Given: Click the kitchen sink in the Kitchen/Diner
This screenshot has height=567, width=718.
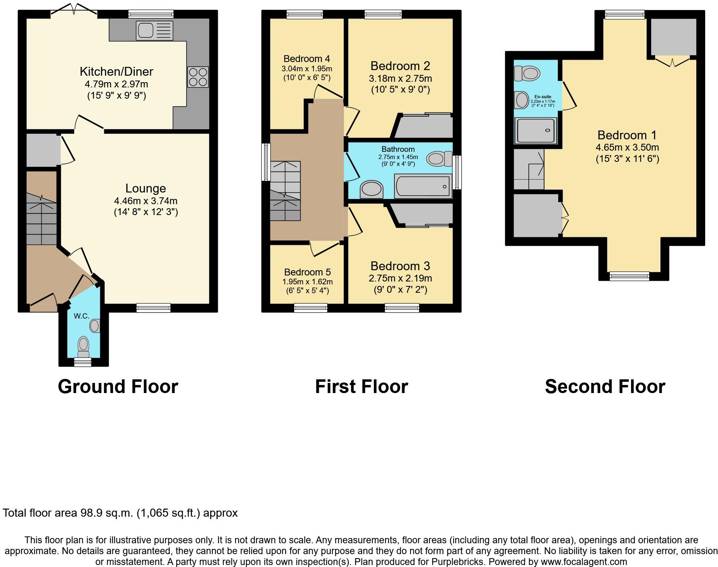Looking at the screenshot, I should (155, 31).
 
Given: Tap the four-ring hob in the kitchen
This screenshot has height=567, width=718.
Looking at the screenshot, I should (198, 77).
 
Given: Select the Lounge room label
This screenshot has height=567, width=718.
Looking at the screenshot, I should (146, 188).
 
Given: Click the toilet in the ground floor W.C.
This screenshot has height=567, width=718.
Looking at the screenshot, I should (83, 346).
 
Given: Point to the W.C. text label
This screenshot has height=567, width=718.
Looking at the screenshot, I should (81, 316).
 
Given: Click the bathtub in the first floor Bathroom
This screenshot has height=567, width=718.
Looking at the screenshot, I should (422, 186).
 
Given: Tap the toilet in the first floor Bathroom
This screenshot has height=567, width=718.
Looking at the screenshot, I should (439, 158).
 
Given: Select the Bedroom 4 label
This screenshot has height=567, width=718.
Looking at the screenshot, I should (307, 59).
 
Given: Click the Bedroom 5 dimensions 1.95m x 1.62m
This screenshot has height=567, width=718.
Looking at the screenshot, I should (307, 281).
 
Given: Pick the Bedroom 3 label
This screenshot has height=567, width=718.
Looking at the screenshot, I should (400, 266).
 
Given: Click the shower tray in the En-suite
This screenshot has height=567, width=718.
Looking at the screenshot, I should (536, 130).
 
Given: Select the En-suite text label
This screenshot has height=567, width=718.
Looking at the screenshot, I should (543, 97).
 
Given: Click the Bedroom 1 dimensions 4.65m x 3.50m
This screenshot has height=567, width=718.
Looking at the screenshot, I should (627, 147).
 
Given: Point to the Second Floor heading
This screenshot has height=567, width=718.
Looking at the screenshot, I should (605, 387).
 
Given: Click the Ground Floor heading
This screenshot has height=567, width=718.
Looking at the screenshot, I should (118, 387).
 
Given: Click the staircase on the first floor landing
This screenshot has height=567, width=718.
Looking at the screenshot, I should (285, 191).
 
